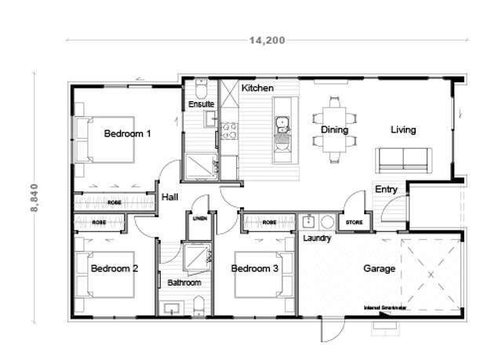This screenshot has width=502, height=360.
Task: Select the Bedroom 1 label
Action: pyautogui.click(x=127, y=134)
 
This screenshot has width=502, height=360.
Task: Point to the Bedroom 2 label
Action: pyautogui.click(x=115, y=268)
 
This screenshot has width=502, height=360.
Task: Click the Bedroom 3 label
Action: pyautogui.click(x=255, y=268)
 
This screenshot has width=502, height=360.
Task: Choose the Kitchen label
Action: pyautogui.click(x=257, y=89)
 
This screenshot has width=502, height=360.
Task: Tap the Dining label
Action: pyautogui.click(x=335, y=129)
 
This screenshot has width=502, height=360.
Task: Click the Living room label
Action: pyautogui.click(x=403, y=129)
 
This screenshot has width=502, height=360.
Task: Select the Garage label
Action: pyautogui.click(x=379, y=268)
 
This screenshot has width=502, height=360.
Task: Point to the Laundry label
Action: pyautogui.click(x=317, y=238)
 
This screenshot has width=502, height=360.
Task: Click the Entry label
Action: pyautogui.click(x=386, y=189)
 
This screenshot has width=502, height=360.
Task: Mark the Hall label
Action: pyautogui.click(x=169, y=197)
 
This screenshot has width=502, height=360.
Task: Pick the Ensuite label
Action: pyautogui.click(x=201, y=104)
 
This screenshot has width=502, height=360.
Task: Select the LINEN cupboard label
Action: pyautogui.click(x=200, y=219)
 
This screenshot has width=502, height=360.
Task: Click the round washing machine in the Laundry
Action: pyautogui.click(x=327, y=222)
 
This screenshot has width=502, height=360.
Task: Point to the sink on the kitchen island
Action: pyautogui.click(x=282, y=122)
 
